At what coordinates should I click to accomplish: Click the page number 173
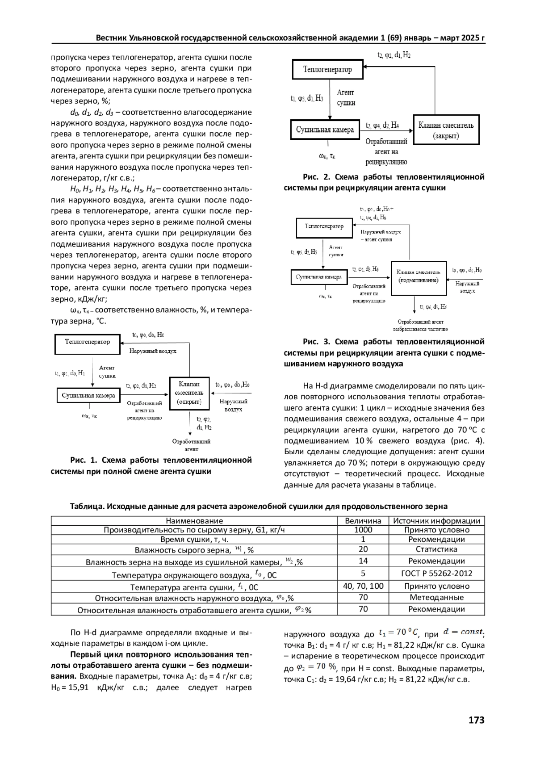[476, 720]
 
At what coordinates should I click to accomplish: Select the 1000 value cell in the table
[363, 530]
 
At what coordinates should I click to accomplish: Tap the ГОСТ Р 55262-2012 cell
[437, 574]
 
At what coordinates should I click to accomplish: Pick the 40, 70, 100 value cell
[363, 586]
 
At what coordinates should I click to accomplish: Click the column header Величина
[363, 521]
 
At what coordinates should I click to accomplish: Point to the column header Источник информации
[437, 521]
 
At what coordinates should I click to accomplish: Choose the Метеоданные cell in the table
[437, 598]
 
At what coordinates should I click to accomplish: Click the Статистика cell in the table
[437, 549]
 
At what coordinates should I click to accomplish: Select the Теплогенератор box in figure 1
[88, 343]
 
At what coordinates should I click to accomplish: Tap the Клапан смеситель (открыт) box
[189, 393]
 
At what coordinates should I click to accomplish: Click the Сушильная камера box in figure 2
[325, 130]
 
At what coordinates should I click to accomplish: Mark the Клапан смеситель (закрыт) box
[446, 130]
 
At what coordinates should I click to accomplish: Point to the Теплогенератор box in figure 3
[324, 227]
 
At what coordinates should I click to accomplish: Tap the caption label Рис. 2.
[315, 177]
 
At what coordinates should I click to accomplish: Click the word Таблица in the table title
[86, 506]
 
